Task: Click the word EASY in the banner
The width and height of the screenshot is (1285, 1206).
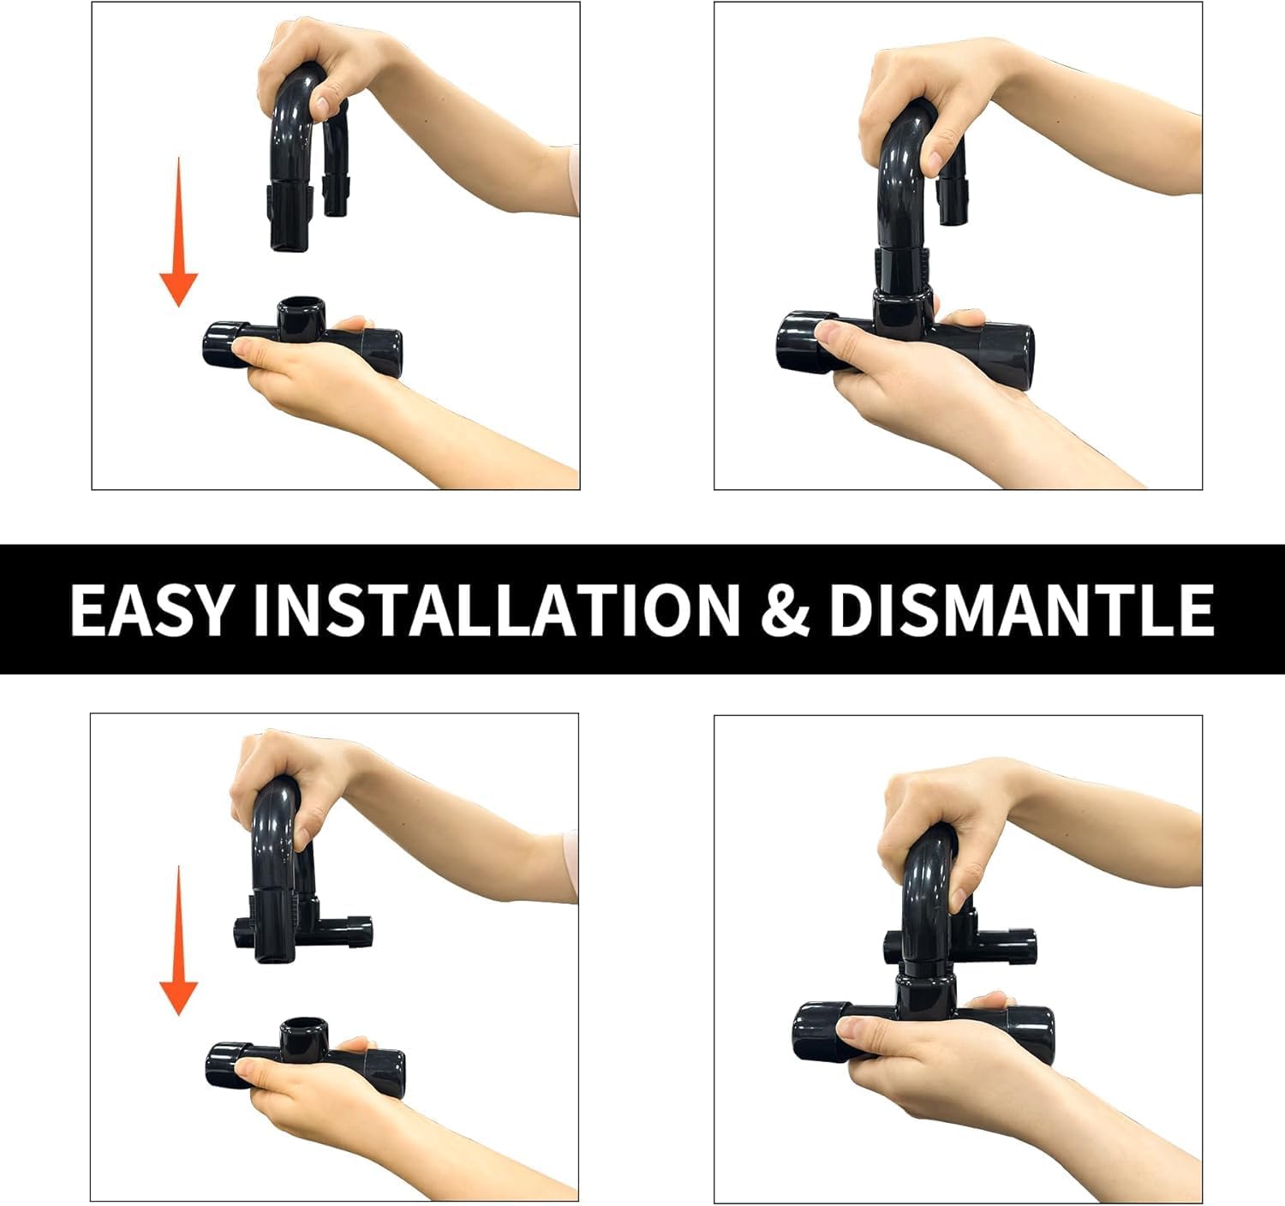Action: [x=150, y=610]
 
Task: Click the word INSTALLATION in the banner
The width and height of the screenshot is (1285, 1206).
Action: [x=496, y=610]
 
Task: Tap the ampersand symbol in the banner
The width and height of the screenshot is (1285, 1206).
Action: [x=785, y=610]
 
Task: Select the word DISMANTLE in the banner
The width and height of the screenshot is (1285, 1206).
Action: [x=1022, y=610]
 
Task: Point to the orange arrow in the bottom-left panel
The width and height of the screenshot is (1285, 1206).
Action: [x=178, y=940]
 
